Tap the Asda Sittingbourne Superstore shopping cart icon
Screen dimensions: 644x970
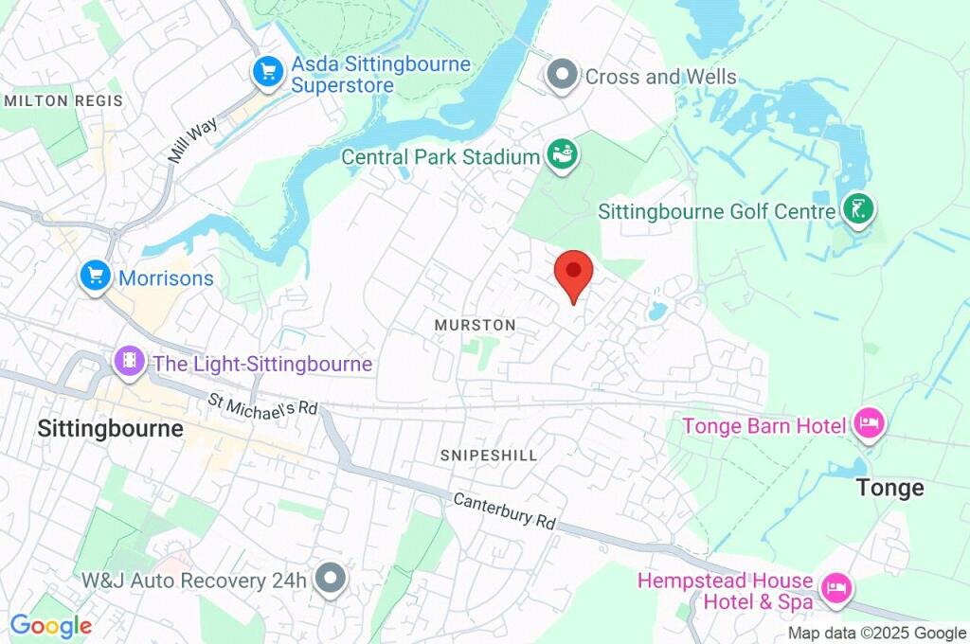coord(268,72)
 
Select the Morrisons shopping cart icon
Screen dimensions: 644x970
coord(95,277)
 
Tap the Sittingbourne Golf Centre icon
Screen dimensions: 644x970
coord(859,209)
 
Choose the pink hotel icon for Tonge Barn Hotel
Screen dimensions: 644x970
coord(868,424)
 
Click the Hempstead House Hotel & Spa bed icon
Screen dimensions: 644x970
coord(835,590)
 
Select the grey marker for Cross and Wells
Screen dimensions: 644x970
coord(564,76)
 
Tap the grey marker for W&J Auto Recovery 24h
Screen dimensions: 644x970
coord(331,579)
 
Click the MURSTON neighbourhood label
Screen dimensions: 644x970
coord(475,325)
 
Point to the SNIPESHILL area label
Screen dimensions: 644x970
coord(488,456)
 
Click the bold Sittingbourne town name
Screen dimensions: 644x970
coord(110,428)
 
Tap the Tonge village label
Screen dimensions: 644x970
coord(889,488)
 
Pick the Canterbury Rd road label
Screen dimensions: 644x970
coord(504,510)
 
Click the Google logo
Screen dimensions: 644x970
coord(50,625)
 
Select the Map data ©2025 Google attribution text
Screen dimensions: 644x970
coord(876,634)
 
